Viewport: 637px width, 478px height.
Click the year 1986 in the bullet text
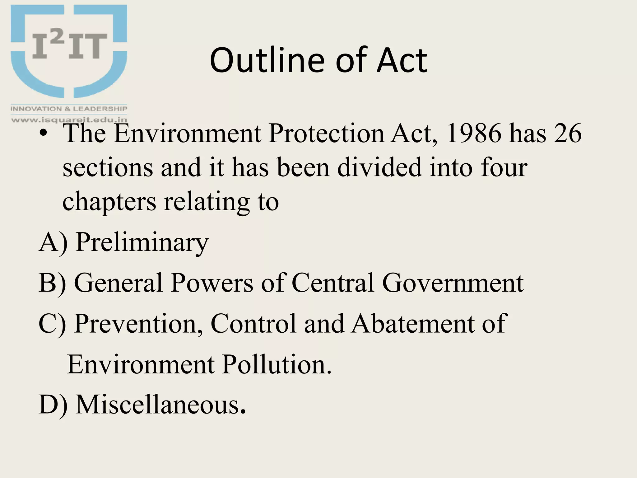(474, 133)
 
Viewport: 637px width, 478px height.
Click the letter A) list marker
(53, 243)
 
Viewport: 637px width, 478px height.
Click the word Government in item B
(453, 283)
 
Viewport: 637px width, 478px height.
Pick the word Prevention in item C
(138, 324)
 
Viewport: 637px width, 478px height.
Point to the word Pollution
(277, 364)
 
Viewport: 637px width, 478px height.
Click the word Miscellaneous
(160, 405)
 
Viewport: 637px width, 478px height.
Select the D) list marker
(53, 405)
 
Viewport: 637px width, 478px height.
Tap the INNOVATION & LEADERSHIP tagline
(69, 109)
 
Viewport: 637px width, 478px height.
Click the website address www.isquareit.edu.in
(69, 119)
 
